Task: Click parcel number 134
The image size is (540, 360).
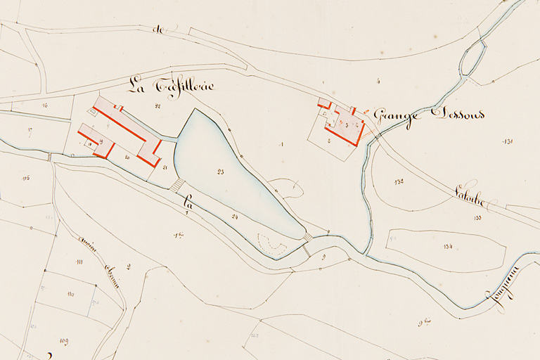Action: [448, 246]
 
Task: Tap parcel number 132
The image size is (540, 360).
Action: [399, 181]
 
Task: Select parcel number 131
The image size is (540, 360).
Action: [508, 141]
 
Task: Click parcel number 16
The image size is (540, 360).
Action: [44, 105]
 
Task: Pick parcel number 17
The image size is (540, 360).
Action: [30, 130]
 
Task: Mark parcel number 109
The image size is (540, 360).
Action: [64, 341]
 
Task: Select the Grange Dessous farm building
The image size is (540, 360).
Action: [345, 126]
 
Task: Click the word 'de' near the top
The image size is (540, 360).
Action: [157, 30]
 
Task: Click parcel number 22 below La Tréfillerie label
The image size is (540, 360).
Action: [157, 106]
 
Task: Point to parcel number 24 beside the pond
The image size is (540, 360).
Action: [234, 217]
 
